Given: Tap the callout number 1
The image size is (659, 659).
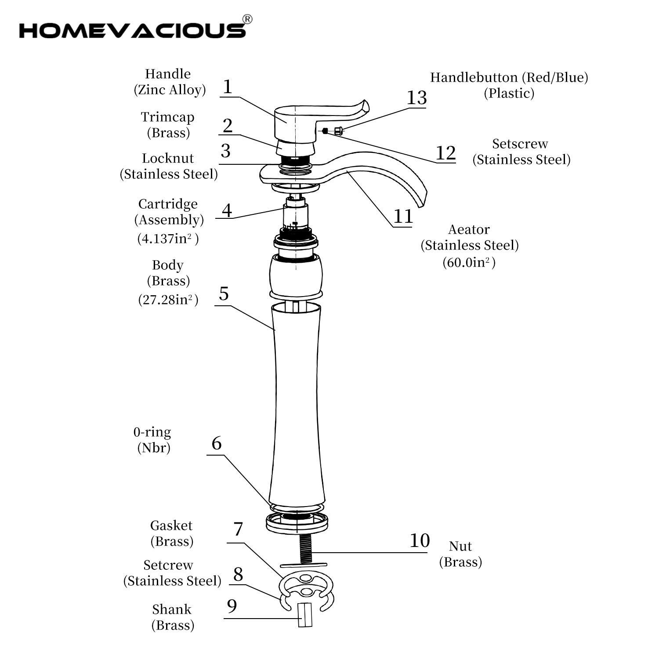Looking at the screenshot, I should tap(227, 87).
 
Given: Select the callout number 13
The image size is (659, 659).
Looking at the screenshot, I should tap(416, 98).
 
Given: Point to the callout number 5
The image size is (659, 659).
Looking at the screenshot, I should tap(224, 293).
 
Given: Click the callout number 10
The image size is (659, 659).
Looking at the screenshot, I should tap(419, 540).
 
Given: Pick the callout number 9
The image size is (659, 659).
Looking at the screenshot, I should tap(232, 606).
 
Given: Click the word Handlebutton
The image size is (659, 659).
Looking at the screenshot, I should tap(474, 78).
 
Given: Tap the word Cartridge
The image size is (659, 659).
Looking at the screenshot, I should tap(168, 204).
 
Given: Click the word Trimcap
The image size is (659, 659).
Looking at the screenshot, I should tap(167, 117).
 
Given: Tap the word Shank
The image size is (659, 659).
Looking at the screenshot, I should tap(172, 609).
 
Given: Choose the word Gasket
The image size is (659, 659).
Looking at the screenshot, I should tap(171, 525).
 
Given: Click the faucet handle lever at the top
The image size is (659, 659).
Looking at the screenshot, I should tap(343, 110).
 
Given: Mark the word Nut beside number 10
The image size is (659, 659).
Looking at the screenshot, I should tap(460, 546).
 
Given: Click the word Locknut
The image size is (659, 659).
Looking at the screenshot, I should tap(167, 158).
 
